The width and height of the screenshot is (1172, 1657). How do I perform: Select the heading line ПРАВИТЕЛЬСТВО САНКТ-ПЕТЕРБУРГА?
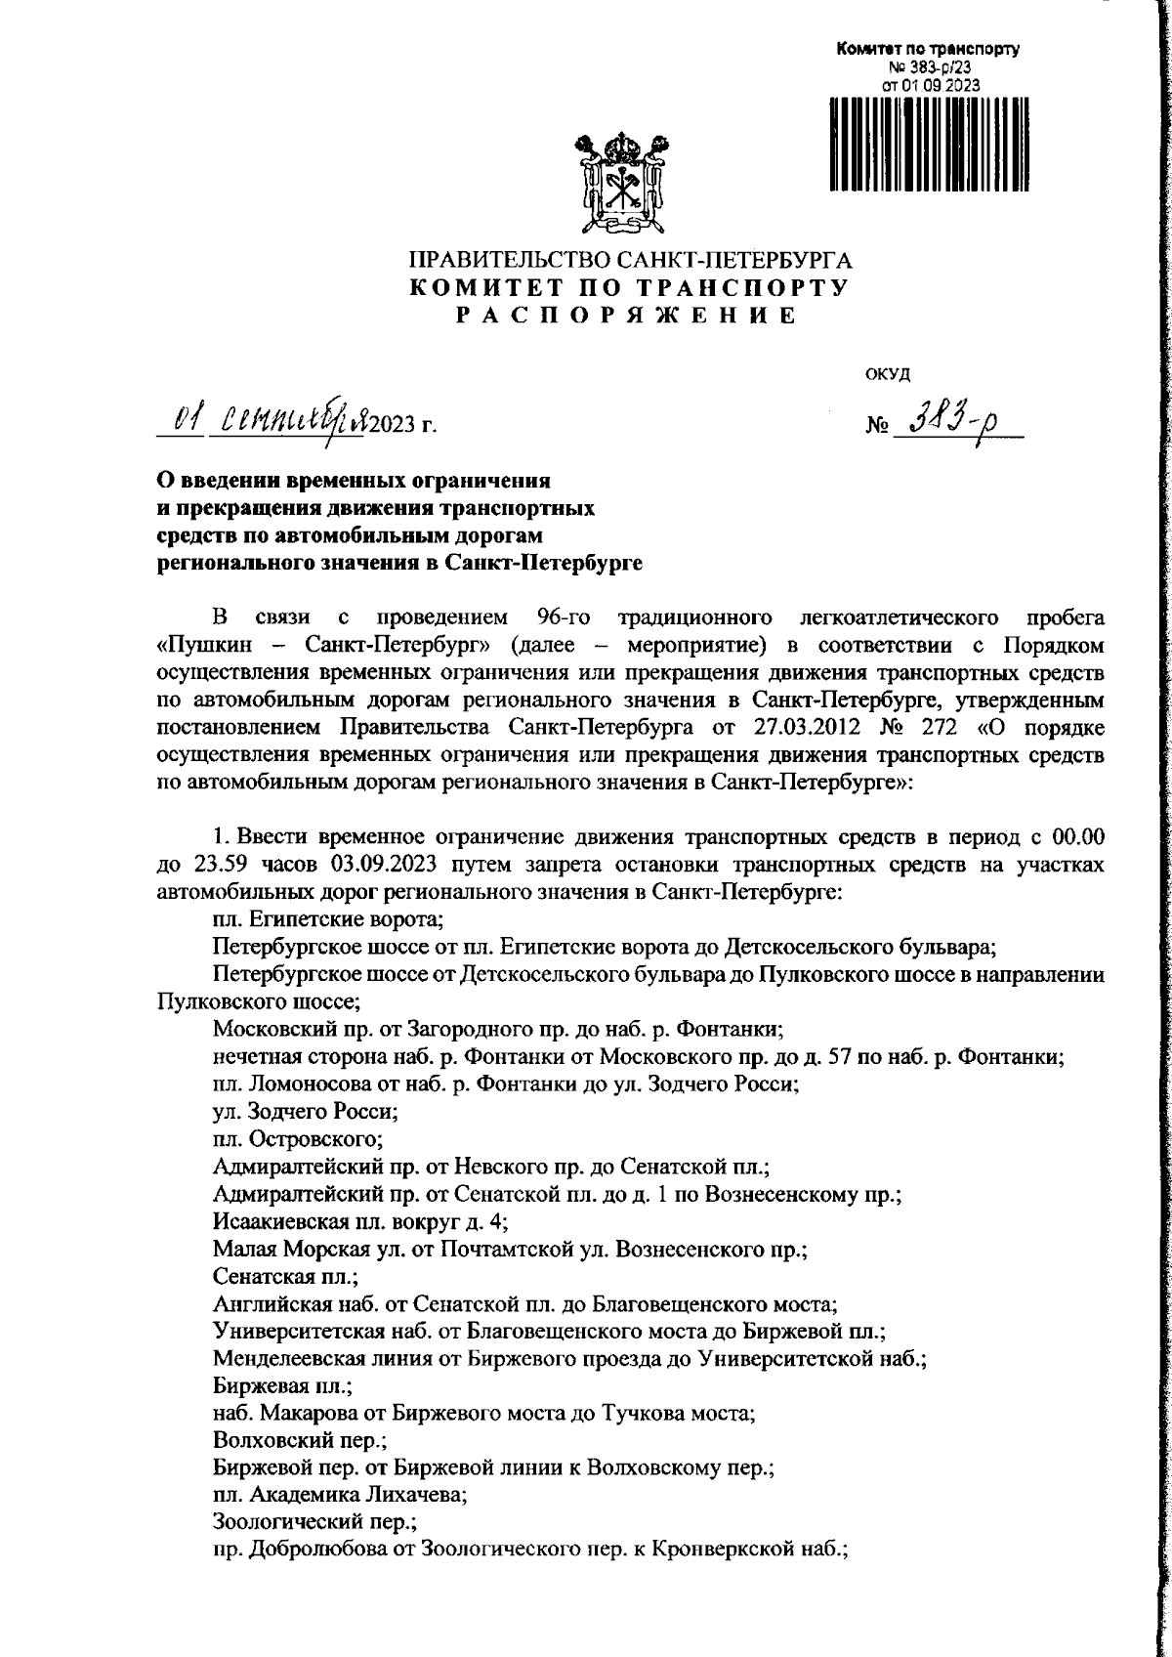(629, 261)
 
